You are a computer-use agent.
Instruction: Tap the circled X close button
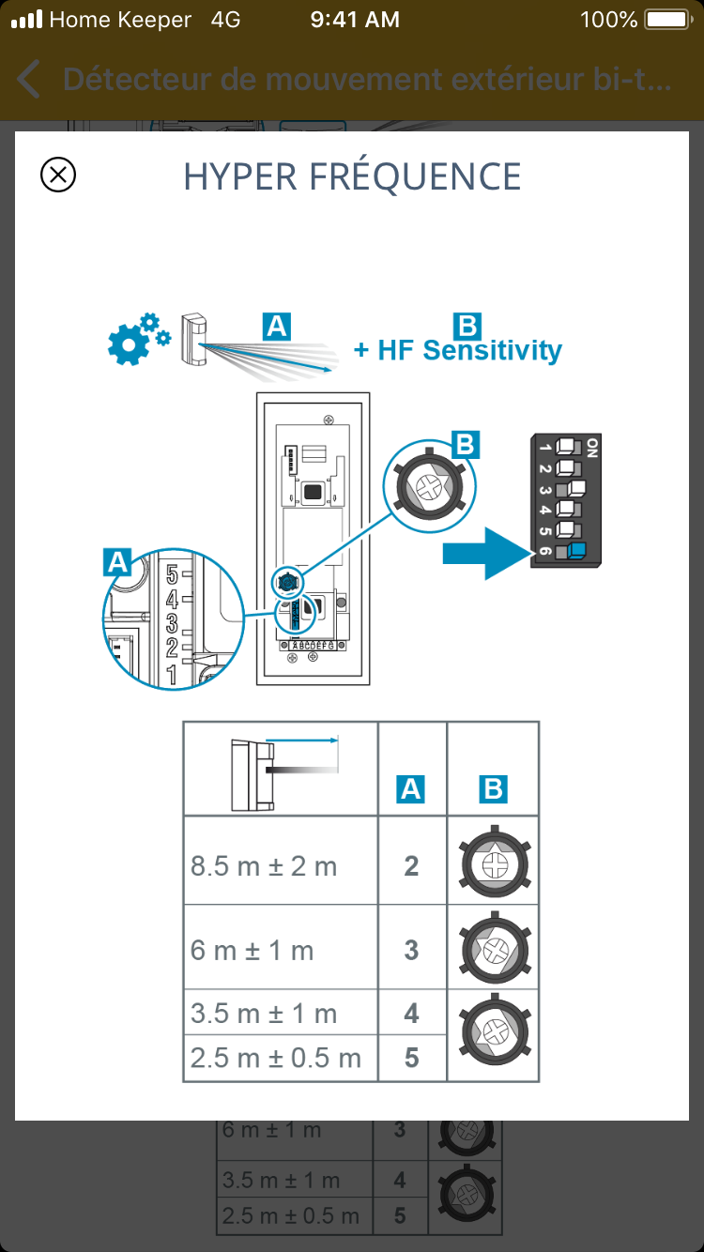pyautogui.click(x=58, y=175)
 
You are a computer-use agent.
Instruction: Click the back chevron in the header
pyautogui.click(x=29, y=80)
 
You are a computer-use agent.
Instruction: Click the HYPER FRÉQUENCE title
pyautogui.click(x=352, y=176)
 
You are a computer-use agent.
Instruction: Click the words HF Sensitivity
pyautogui.click(x=469, y=351)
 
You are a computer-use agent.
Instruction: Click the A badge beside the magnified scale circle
pyautogui.click(x=116, y=562)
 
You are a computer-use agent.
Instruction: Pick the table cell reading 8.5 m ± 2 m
pyautogui.click(x=264, y=865)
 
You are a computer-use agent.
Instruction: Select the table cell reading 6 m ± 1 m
pyautogui.click(x=253, y=950)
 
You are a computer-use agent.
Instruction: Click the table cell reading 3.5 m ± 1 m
pyautogui.click(x=264, y=1014)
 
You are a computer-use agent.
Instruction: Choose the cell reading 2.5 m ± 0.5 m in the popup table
pyautogui.click(x=276, y=1059)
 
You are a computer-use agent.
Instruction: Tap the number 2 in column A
pyautogui.click(x=411, y=865)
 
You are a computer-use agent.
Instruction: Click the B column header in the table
pyautogui.click(x=492, y=789)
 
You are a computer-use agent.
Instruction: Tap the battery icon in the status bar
pyautogui.click(x=667, y=20)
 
